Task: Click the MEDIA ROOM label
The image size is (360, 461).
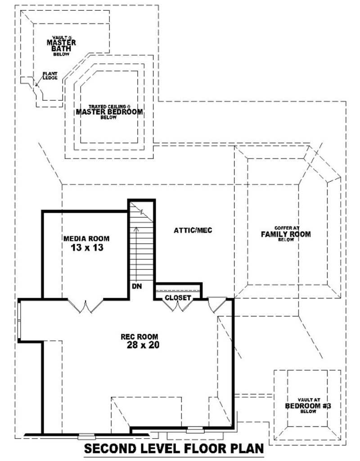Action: tap(86, 238)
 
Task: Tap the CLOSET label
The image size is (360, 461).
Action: tap(178, 298)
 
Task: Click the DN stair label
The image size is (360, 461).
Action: tap(136, 286)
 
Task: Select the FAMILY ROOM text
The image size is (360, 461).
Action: tap(286, 234)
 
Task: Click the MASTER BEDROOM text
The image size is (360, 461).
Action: tap(109, 112)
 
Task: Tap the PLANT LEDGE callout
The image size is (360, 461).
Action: tap(49, 76)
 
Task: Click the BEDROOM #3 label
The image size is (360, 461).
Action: tap(308, 406)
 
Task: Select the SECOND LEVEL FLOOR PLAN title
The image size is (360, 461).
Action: tap(173, 449)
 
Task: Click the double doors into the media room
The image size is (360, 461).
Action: tap(85, 305)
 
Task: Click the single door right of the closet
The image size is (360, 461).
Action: tap(216, 304)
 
